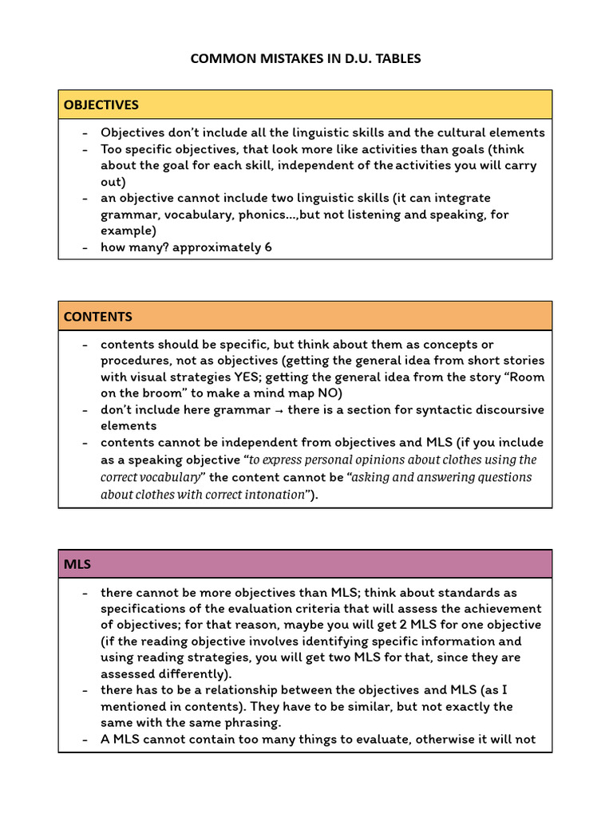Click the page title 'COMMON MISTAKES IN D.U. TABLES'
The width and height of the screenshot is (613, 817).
tap(306, 58)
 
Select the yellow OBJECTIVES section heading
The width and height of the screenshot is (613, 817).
tap(101, 105)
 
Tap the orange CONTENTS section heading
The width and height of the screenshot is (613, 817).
tap(98, 316)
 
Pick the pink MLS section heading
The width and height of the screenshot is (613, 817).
tap(77, 564)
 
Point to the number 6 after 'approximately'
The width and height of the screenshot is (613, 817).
tap(268, 247)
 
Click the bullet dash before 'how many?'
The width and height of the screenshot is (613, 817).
tap(85, 247)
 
